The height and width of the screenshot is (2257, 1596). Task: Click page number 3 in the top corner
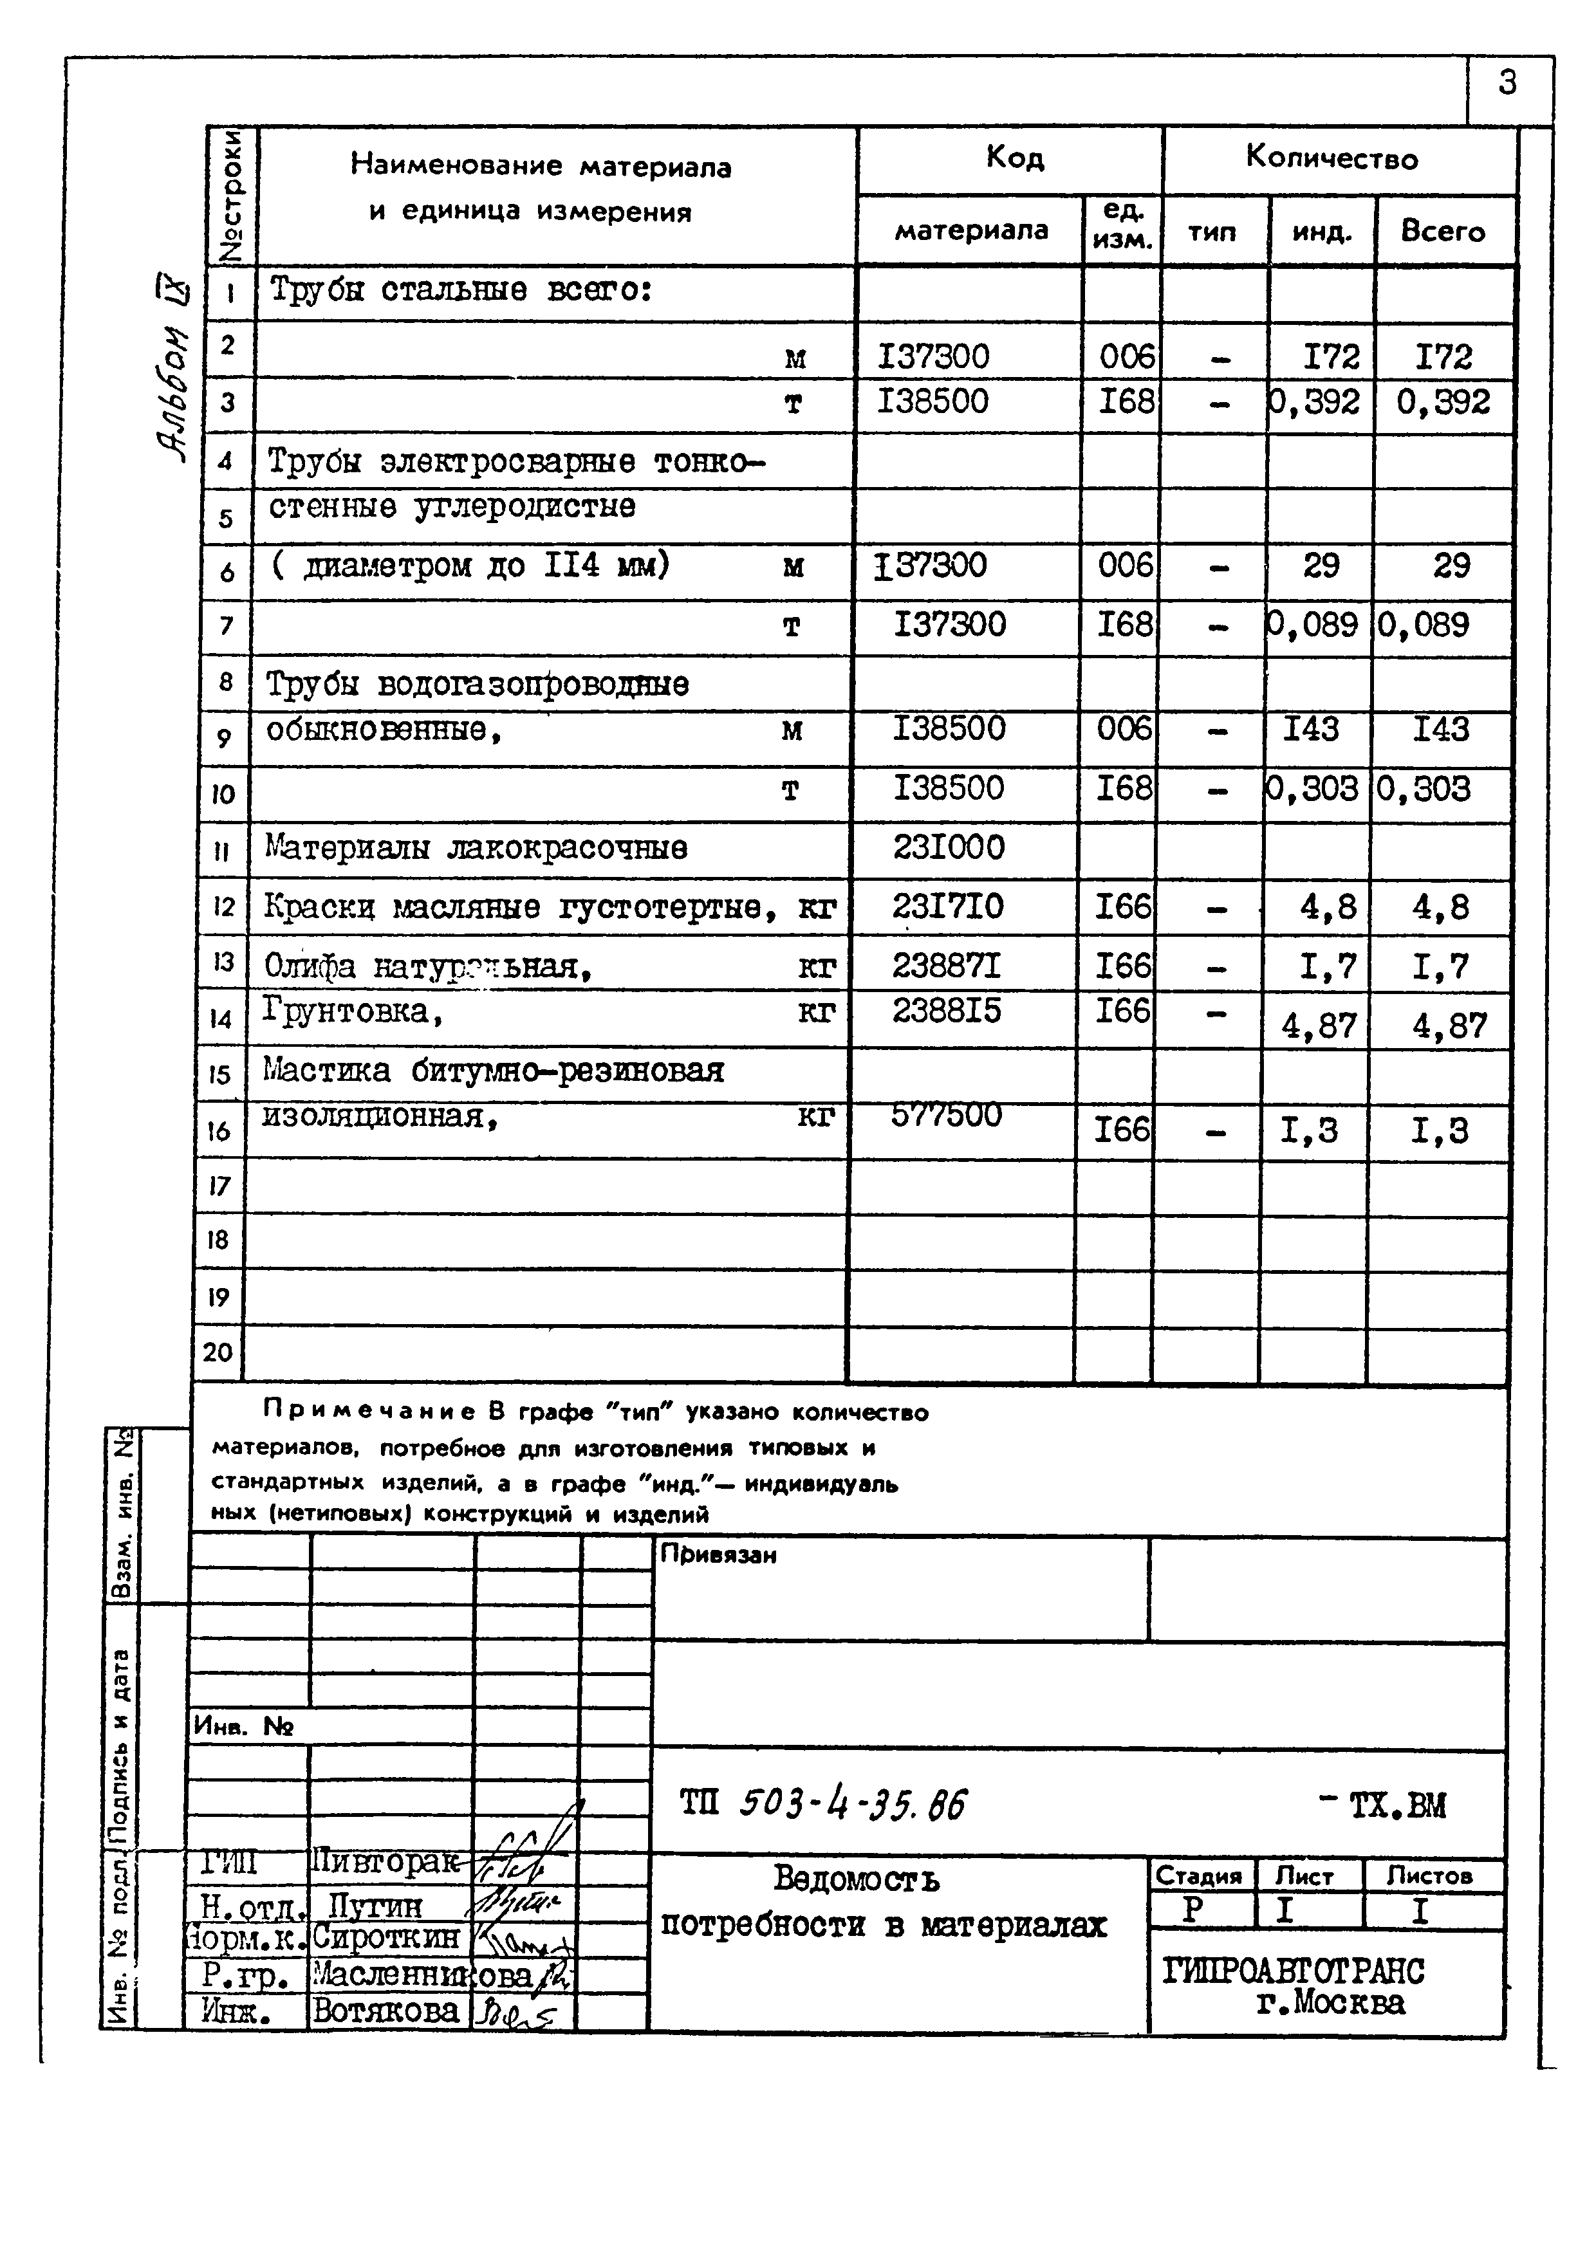1507,82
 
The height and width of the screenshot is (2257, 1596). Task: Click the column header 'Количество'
1332,158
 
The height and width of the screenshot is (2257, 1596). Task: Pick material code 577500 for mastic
946,1115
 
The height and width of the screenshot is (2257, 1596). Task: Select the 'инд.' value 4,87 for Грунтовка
1318,1026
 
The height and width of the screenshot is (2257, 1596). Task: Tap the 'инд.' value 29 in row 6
1320,566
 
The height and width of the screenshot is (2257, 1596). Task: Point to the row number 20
218,1352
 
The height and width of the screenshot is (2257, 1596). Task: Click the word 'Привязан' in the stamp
718,1554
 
